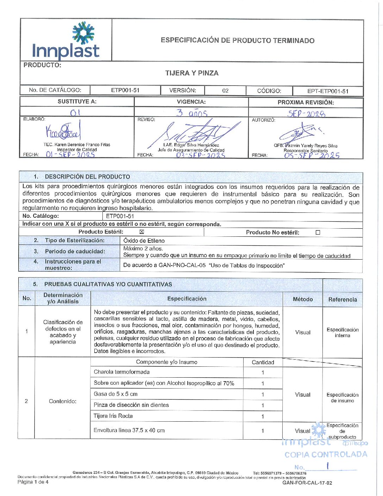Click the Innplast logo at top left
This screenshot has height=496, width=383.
pyautogui.click(x=66, y=41)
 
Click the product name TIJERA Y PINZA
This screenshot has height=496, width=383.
pyautogui.click(x=192, y=73)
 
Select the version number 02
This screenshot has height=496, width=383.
pyautogui.click(x=225, y=91)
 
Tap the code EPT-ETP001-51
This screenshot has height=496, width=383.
pyautogui.click(x=328, y=91)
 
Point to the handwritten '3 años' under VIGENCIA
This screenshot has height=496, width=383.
pyautogui.click(x=192, y=113)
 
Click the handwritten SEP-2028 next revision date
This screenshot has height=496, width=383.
pyautogui.click(x=306, y=114)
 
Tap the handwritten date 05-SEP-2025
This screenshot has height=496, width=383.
pyautogui.click(x=312, y=155)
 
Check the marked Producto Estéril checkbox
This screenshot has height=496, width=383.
pyautogui.click(x=142, y=232)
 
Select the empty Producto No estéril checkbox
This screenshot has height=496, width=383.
pyautogui.click(x=318, y=232)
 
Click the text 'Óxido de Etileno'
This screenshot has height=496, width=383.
pyautogui.click(x=144, y=241)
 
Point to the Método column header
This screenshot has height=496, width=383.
pyautogui.click(x=303, y=299)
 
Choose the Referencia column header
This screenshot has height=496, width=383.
pyautogui.click(x=343, y=299)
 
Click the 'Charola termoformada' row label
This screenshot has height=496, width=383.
pyautogui.click(x=122, y=372)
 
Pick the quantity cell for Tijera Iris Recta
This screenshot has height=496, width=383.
pyautogui.click(x=263, y=416)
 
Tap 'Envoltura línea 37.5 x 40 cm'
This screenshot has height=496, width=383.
pyautogui.click(x=129, y=430)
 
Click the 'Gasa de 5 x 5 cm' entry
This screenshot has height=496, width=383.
pyautogui.click(x=115, y=394)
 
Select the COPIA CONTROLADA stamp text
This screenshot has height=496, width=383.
pyautogui.click(x=326, y=454)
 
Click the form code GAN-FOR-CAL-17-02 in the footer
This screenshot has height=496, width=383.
pyautogui.click(x=307, y=483)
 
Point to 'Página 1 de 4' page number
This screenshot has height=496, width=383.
pyautogui.click(x=33, y=482)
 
